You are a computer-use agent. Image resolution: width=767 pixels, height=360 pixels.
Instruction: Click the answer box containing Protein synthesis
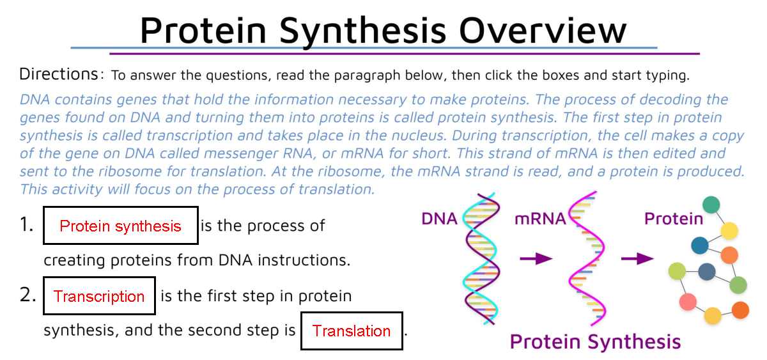121,226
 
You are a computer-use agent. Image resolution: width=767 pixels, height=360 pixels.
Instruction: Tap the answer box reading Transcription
99,296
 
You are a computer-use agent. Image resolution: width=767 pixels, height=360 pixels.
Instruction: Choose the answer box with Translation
352,331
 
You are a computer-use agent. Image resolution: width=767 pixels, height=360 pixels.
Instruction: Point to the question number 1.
26,225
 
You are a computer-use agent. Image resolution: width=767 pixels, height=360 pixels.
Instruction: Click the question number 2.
27,295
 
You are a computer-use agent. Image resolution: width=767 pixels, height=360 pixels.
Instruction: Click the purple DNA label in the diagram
439,219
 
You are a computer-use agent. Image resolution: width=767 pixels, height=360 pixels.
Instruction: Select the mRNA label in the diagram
540,219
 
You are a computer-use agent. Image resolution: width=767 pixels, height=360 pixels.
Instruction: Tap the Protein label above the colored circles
673,219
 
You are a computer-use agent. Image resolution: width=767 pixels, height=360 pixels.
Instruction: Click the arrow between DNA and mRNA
536,258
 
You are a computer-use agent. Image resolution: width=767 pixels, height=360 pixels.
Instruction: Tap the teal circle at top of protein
711,205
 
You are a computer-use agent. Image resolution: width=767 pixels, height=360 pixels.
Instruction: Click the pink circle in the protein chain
688,301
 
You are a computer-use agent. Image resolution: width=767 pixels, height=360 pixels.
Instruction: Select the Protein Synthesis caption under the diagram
595,342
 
